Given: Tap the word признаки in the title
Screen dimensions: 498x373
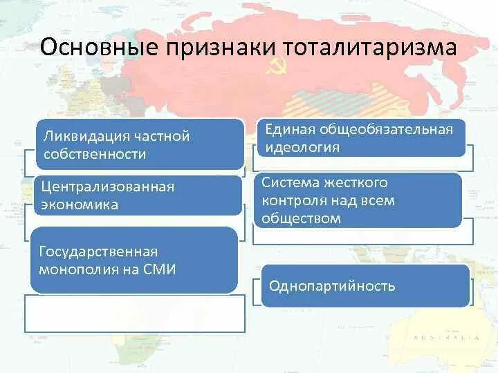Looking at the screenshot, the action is click(217, 50).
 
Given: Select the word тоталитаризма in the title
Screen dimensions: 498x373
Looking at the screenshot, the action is click(370, 49).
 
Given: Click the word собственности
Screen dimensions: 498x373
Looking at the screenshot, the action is click(94, 154).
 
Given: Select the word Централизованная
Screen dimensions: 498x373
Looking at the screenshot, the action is click(107, 187).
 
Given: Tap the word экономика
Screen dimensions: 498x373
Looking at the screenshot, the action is click(80, 204).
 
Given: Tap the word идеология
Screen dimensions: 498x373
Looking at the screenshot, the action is click(302, 147).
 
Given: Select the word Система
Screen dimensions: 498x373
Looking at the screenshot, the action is click(290, 182).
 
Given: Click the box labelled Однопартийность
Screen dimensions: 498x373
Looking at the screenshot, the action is click(365, 285).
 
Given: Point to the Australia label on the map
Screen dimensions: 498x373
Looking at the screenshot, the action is click(445, 338).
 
